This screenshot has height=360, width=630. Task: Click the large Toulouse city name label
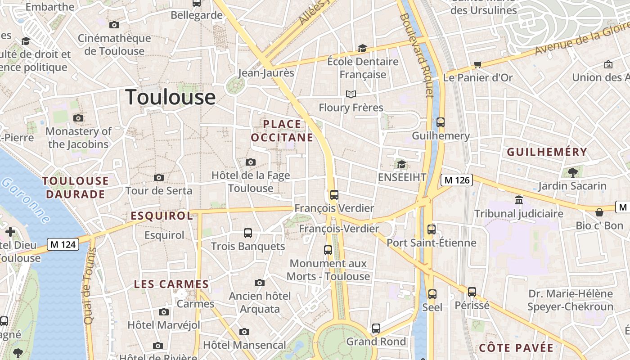tap(171, 97)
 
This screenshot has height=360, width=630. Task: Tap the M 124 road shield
tap(63, 245)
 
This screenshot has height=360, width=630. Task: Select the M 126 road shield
tap(457, 180)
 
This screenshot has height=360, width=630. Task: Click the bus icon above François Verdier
tap(334, 195)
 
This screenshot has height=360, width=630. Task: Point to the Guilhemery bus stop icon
tap(441, 122)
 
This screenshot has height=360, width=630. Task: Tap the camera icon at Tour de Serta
tap(159, 178)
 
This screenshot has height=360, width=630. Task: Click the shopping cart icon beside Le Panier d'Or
tap(478, 64)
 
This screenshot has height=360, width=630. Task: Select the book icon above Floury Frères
tap(351, 94)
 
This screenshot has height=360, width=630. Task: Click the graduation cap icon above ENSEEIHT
tap(401, 164)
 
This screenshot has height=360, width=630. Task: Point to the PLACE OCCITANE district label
tap(282, 130)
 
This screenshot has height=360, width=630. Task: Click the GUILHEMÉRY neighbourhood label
tap(547, 152)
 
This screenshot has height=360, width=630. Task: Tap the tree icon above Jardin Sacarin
tap(572, 172)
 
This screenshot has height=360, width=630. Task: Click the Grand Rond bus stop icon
tap(376, 328)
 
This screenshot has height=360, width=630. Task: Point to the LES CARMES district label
tap(171, 284)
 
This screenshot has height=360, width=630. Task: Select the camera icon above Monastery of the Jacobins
tap(78, 118)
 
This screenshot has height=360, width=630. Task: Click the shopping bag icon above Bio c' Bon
tap(599, 212)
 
